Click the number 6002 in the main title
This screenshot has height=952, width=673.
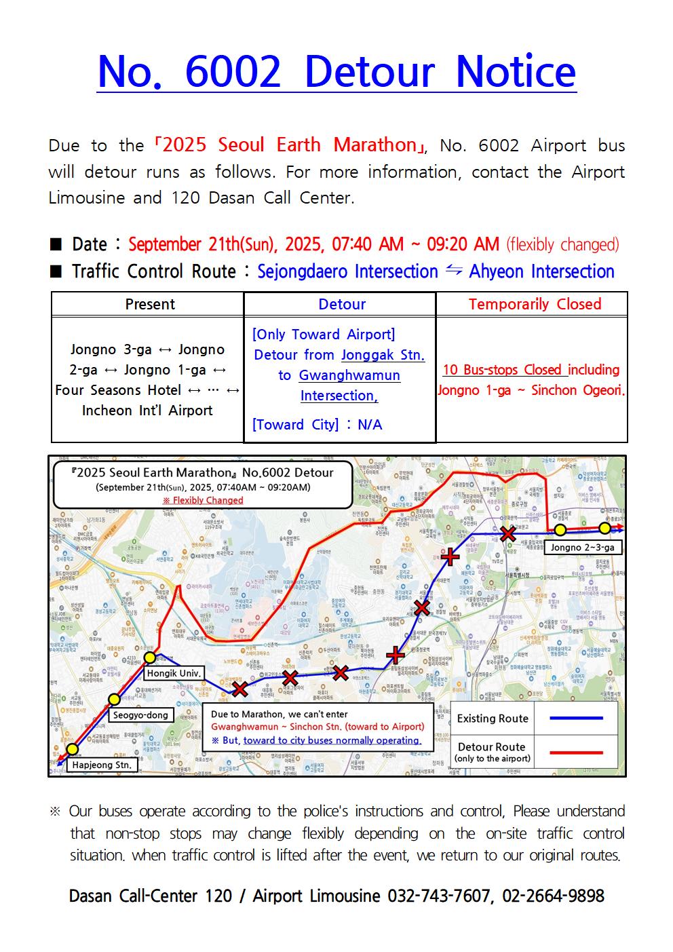233,72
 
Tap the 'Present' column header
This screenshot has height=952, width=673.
150,304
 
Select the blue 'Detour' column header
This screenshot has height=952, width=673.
342,304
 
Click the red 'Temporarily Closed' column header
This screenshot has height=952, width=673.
535,304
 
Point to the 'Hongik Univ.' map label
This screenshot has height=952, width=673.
174,673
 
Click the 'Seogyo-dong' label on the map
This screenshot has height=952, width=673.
140,715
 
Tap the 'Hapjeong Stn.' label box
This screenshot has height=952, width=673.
102,765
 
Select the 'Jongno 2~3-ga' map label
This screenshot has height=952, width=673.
583,547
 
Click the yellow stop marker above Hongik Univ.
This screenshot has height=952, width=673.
149,658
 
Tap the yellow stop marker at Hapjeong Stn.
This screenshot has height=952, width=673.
73,749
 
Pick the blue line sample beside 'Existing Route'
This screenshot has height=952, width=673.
575,718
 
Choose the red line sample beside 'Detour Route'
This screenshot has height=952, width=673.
575,752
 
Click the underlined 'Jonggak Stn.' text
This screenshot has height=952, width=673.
383,355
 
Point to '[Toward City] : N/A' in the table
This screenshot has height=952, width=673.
317,425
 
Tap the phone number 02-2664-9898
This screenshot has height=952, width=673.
553,896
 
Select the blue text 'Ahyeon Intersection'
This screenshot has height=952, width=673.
541,271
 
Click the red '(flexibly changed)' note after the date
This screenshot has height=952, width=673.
563,244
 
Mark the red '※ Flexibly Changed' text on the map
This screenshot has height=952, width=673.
202,500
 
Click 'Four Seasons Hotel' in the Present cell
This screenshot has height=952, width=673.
118,390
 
